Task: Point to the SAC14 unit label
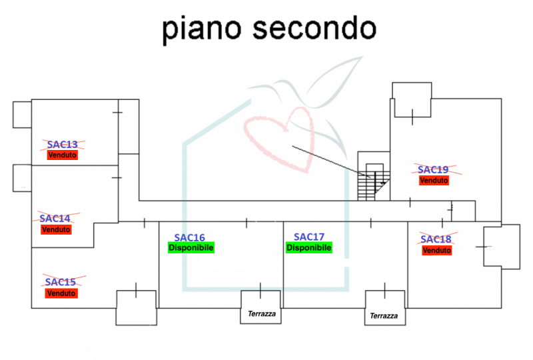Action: tap(55, 219)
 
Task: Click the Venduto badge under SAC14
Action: tap(56, 229)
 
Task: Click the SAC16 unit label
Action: tap(190, 237)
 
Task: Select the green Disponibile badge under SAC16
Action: tap(191, 247)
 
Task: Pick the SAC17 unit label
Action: tap(309, 237)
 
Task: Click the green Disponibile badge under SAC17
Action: tap(309, 247)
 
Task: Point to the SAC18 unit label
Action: tap(436, 239)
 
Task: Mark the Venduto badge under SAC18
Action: tap(437, 250)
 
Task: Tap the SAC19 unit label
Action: tap(434, 169)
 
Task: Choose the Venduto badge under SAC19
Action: tap(434, 180)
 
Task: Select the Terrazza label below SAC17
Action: tap(384, 316)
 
